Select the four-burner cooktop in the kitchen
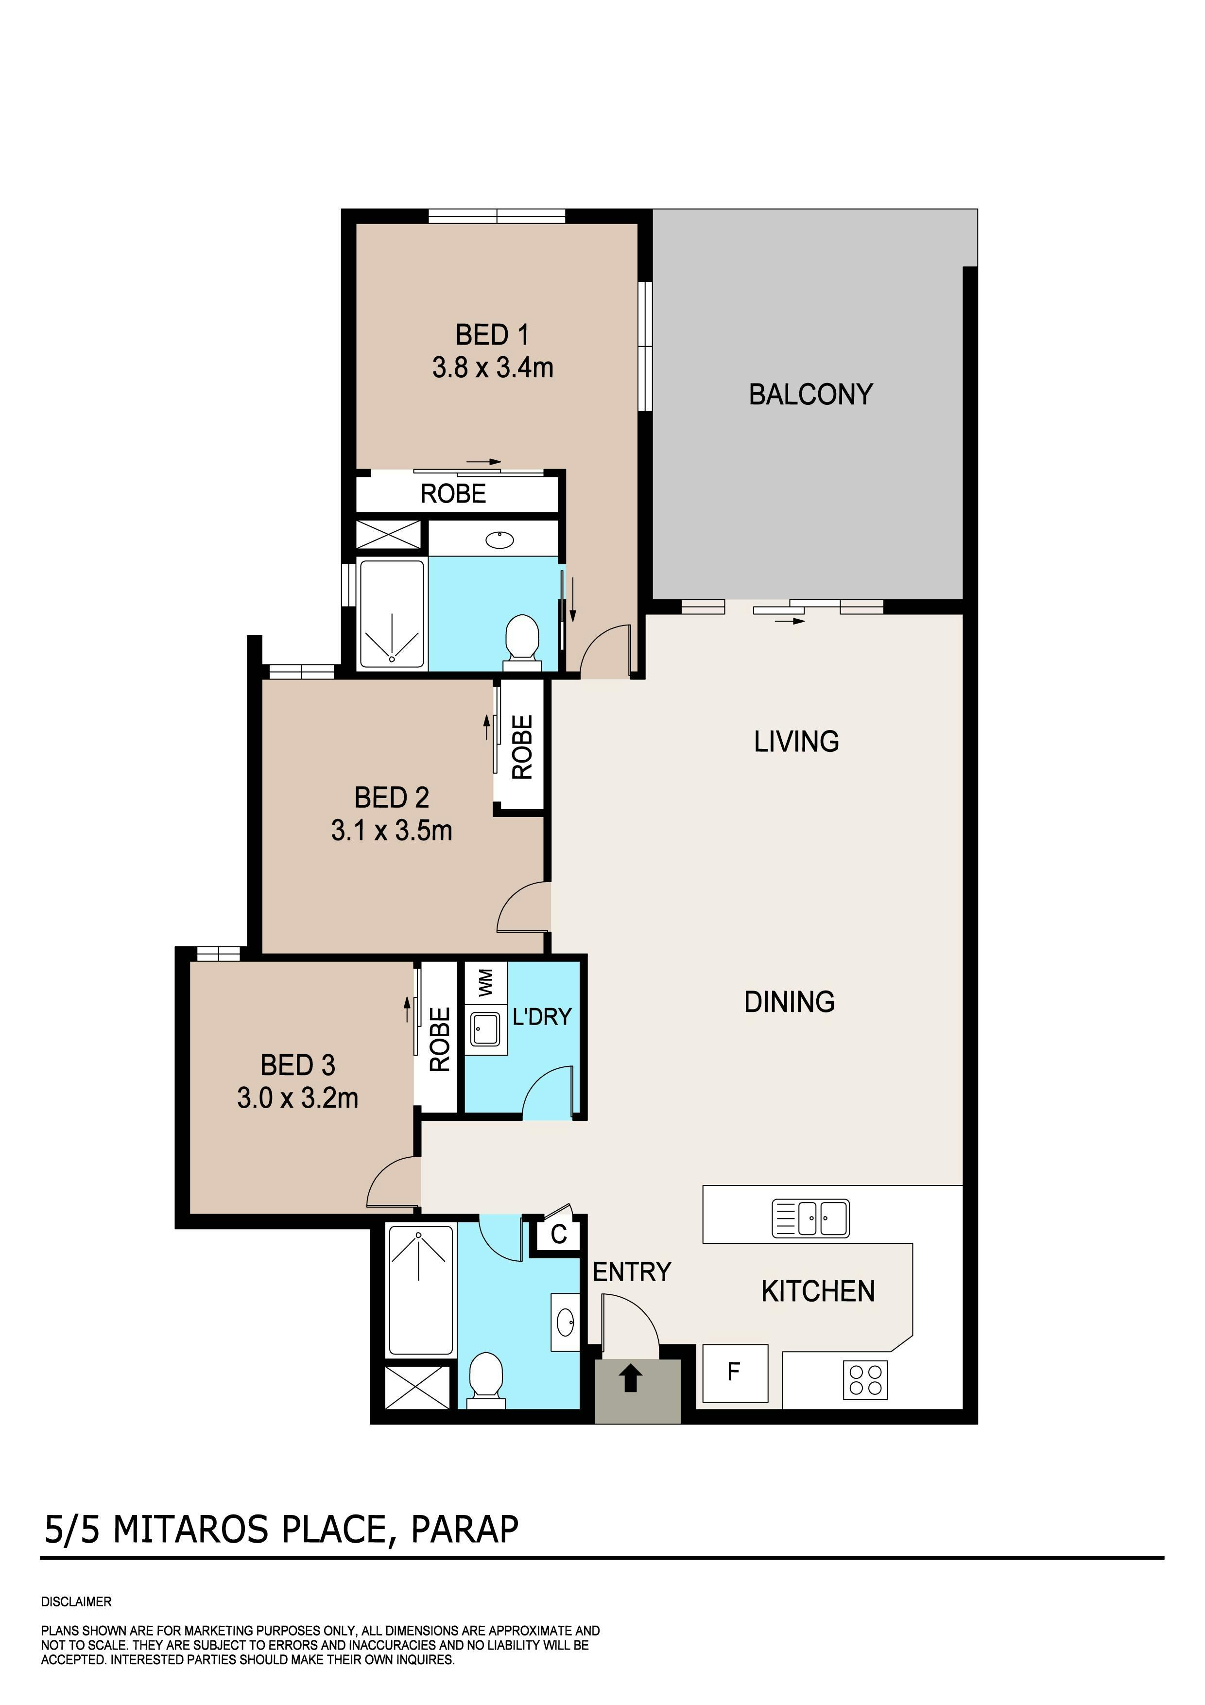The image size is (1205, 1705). pos(866,1380)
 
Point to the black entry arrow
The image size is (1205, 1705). pos(631,1380)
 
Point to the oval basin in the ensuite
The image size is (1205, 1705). pos(499,540)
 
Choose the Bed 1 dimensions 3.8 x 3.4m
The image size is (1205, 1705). pos(493,367)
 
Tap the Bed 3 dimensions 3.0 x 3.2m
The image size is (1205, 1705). pos(298,1097)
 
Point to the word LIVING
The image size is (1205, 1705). pos(797,742)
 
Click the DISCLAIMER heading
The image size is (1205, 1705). pos(76,1602)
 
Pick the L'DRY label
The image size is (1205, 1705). pos(542,1017)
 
